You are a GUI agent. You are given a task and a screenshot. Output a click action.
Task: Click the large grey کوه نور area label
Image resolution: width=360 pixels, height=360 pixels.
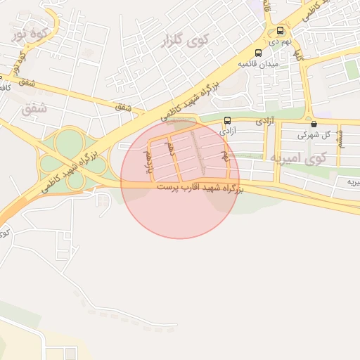click(31, 32)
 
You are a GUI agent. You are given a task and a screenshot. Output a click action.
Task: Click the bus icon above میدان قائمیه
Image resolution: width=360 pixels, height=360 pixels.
click(258, 53)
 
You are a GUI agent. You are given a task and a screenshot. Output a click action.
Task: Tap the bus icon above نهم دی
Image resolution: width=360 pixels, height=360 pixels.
click(281, 31)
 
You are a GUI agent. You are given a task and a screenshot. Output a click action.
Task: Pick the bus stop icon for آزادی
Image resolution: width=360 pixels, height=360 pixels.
click(227, 120)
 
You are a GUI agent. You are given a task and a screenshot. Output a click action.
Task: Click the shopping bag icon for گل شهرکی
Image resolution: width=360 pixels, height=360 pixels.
click(313, 123)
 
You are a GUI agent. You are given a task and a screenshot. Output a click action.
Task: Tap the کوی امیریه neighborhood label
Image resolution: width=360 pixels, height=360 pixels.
click(307, 158)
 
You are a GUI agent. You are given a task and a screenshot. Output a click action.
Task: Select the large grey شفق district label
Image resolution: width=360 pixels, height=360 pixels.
click(33, 109)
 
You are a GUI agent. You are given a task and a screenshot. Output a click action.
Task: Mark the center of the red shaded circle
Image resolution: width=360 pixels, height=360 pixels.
click(180, 179)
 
